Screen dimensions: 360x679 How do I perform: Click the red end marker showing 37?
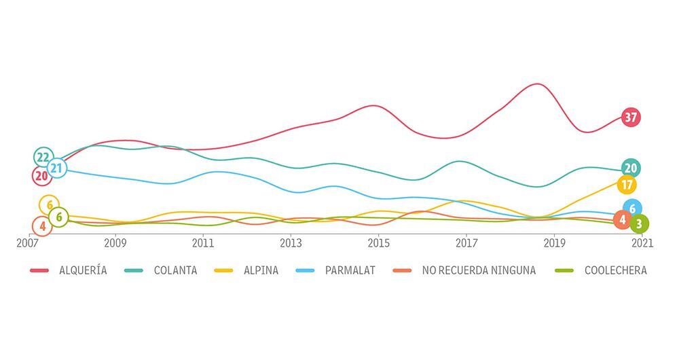631,118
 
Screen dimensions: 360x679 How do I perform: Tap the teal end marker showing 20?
631,168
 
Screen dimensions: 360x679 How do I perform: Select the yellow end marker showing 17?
627,185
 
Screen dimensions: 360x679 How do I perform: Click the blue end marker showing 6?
633,209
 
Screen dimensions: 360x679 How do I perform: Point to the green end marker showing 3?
639,223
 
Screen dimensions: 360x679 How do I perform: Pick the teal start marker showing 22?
43,157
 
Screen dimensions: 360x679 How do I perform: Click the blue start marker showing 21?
57,168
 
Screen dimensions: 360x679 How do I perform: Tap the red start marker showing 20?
41,176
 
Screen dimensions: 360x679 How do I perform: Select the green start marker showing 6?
58,217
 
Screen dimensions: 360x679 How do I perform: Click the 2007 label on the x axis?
28,242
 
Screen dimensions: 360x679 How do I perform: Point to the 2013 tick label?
291,242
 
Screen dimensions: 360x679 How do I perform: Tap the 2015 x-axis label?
379,242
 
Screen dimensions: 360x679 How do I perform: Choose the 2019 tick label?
555,242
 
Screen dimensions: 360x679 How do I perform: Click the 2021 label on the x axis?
642,242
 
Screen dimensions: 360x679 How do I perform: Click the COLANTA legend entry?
175,270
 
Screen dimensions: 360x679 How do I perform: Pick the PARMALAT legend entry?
349,270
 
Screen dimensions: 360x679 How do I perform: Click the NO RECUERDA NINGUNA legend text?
479,270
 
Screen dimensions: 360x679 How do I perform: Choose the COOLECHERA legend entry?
615,270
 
